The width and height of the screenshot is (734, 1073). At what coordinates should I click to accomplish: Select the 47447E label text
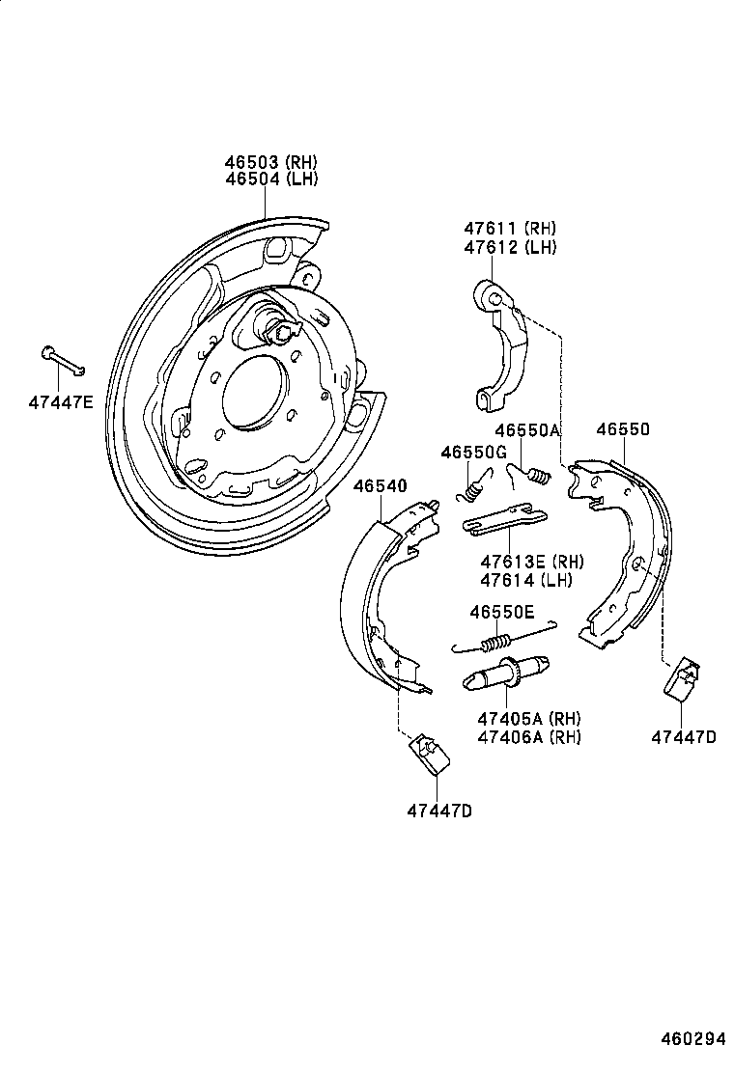(60, 400)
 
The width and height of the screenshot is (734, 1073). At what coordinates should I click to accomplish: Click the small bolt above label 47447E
(63, 360)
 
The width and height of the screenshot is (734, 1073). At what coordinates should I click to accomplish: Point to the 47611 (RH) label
(509, 229)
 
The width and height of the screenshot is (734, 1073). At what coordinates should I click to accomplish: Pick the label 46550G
(473, 452)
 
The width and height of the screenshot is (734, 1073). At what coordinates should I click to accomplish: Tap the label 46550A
(527, 430)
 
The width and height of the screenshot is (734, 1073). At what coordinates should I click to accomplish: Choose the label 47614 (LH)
(525, 580)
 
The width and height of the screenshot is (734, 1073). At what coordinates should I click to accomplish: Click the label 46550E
(501, 611)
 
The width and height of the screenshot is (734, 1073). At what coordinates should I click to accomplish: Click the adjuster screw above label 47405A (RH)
(509, 674)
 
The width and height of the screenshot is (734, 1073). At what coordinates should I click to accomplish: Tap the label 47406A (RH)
(528, 737)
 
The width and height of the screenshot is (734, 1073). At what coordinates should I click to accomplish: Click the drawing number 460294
(692, 1039)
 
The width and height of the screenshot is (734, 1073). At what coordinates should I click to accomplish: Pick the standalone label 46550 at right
(623, 430)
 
